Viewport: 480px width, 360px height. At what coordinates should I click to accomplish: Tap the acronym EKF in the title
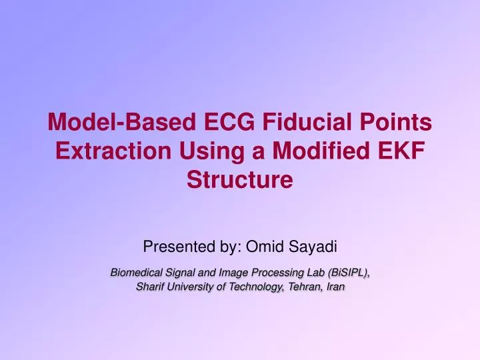(x=401, y=151)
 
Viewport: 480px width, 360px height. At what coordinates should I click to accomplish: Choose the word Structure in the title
(x=240, y=180)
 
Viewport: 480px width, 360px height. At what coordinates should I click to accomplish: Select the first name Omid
(x=264, y=248)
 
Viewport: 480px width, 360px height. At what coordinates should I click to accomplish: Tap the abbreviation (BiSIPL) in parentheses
(x=346, y=273)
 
